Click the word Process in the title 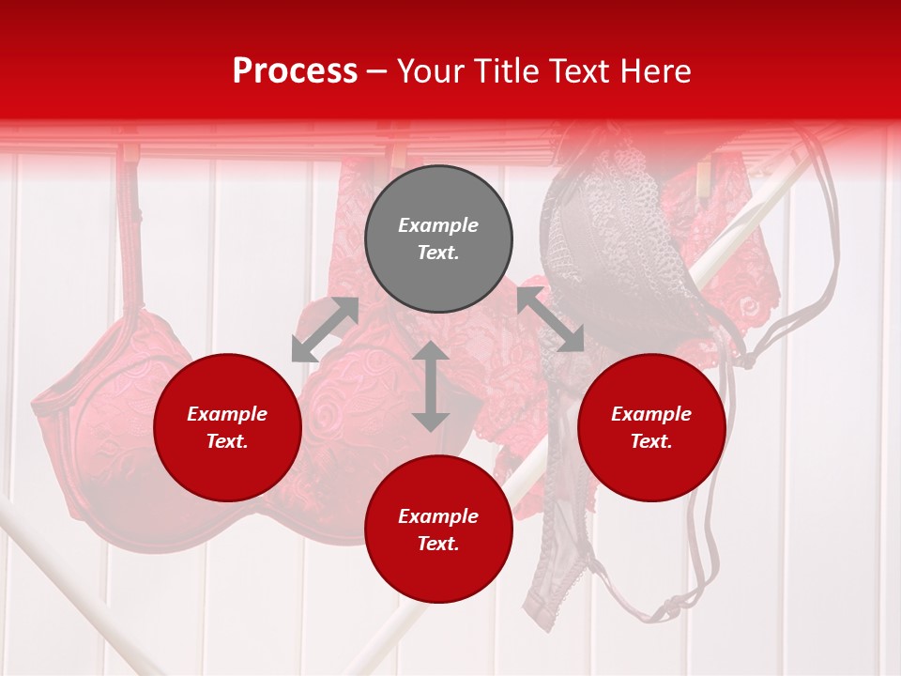[x=295, y=71]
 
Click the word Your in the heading [x=430, y=71]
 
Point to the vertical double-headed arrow [x=431, y=386]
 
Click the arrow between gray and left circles [x=325, y=330]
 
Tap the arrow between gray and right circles [x=550, y=319]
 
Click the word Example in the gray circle [x=438, y=225]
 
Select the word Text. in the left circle [x=227, y=441]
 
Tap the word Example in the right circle [x=651, y=414]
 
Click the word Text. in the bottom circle [x=438, y=544]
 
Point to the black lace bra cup [x=601, y=244]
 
